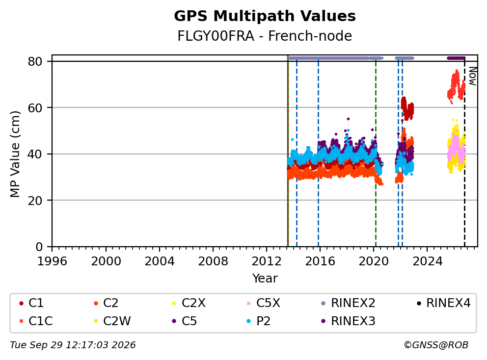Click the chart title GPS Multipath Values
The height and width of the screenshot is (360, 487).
click(x=265, y=16)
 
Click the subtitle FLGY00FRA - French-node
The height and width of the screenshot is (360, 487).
click(x=265, y=36)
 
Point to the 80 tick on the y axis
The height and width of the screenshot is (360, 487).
click(x=35, y=61)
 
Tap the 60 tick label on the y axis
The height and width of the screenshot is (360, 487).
click(x=35, y=108)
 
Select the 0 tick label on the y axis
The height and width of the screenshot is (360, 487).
click(x=39, y=247)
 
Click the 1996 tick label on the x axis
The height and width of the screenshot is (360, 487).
click(x=52, y=261)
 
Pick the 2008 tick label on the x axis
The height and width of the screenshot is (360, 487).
click(x=213, y=261)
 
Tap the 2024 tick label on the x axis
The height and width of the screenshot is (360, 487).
click(x=427, y=261)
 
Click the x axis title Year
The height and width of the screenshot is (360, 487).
click(x=265, y=278)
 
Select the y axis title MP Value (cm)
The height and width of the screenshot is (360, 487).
click(x=15, y=154)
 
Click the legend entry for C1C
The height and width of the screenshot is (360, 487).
click(x=36, y=321)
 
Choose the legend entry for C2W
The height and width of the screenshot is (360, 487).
click(x=112, y=321)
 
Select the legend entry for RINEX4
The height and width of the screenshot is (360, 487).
click(x=443, y=303)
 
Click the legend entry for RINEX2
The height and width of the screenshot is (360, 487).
click(x=348, y=303)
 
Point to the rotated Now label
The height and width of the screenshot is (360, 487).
click(x=473, y=77)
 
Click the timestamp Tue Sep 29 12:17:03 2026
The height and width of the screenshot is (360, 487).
click(x=73, y=345)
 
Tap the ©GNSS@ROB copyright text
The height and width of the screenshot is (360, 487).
click(x=436, y=345)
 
